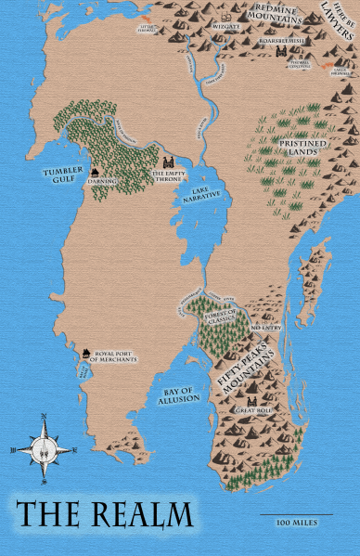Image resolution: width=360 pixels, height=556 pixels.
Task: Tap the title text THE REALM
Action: [x=104, y=515]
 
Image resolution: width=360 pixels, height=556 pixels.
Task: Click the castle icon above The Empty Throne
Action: [x=171, y=162]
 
